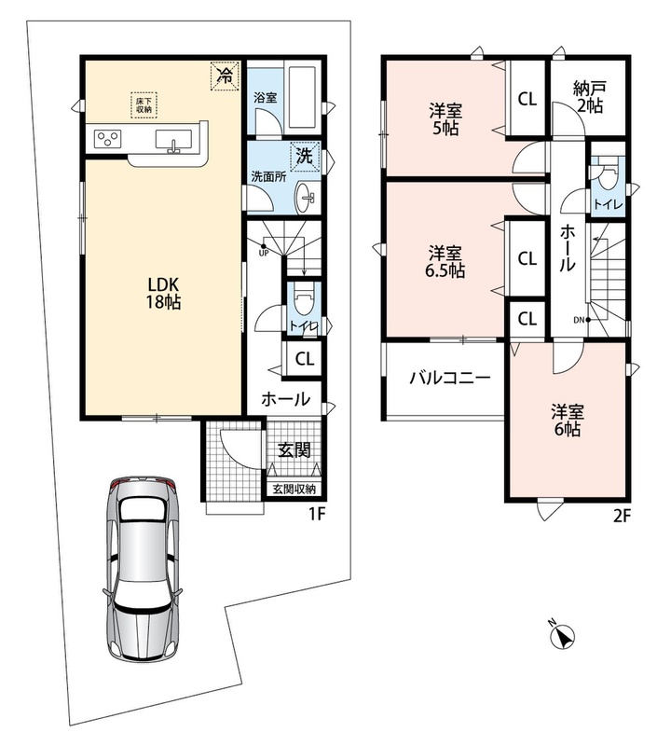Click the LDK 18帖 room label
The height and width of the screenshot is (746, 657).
[163, 293]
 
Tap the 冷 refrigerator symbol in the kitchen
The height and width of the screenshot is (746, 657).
[225, 76]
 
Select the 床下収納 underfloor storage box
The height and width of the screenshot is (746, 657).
[144, 104]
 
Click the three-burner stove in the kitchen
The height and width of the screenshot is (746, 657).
[108, 139]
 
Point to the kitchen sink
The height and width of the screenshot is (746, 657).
[174, 141]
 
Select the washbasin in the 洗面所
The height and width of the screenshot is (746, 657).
[308, 197]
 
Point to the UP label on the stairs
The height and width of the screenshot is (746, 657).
[264, 253]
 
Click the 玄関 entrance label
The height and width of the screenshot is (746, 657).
[294, 449]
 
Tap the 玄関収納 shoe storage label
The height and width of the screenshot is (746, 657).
[294, 489]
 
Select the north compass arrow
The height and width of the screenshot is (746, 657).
[564, 636]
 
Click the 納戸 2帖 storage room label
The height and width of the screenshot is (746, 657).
[590, 97]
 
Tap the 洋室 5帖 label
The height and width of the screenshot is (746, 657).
[445, 120]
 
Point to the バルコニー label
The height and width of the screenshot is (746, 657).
[450, 379]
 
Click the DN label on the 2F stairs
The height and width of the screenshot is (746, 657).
[579, 320]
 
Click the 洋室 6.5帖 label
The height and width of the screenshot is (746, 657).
[445, 261]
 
